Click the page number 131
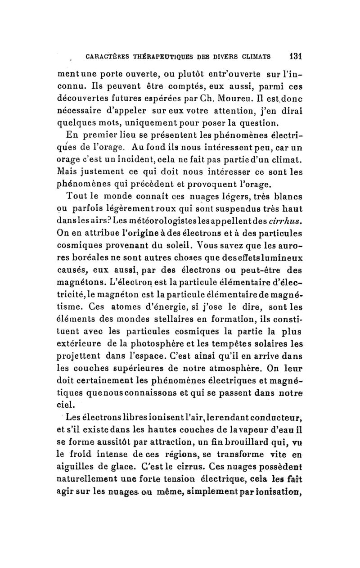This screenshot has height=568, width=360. pyautogui.click(x=295, y=57)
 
